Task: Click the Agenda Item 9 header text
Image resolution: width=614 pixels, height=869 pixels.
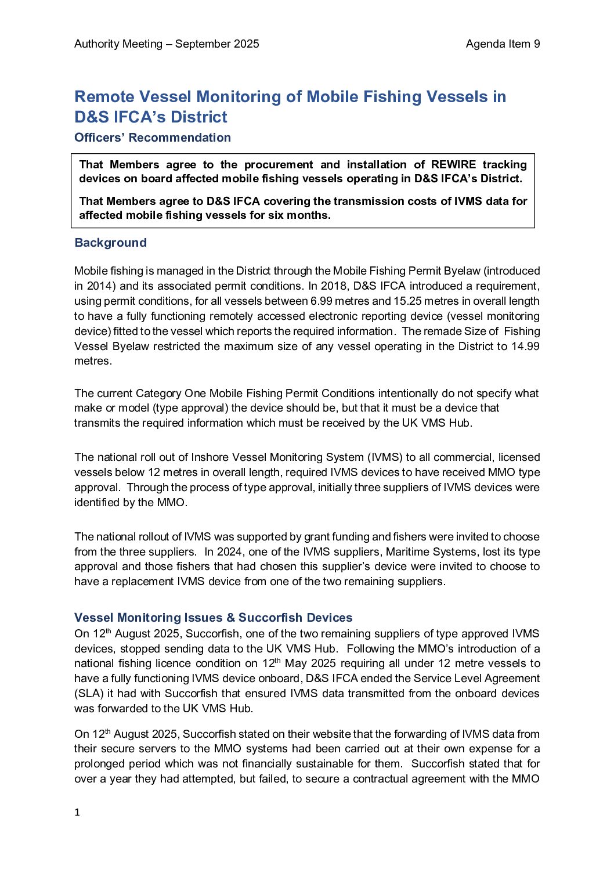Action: click(503, 44)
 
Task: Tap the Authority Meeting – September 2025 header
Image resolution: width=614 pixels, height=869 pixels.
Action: click(167, 44)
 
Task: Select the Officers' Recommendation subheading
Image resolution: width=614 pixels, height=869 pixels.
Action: click(153, 138)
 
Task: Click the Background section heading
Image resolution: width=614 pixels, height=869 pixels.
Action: click(110, 243)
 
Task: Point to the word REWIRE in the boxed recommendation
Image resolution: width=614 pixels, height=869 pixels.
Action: click(453, 165)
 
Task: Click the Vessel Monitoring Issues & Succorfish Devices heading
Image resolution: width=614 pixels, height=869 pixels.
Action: click(214, 618)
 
